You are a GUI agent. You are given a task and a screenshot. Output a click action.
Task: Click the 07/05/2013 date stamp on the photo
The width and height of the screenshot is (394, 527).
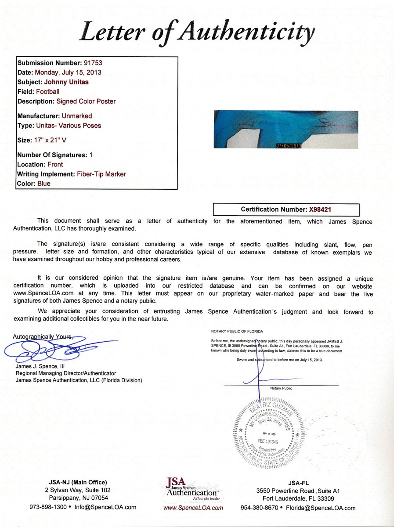[x=288, y=146]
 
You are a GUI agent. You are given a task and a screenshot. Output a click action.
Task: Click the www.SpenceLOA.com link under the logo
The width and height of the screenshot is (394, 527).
[x=193, y=508]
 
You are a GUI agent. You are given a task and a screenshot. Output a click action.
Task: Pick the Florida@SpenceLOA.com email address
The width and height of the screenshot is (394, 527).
[x=327, y=508]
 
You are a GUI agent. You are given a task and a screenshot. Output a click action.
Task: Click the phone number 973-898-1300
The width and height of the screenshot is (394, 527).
[x=48, y=507]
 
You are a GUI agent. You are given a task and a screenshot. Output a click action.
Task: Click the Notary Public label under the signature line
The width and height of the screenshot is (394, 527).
[x=281, y=388]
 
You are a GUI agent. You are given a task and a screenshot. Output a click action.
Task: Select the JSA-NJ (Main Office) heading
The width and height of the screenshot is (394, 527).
[x=76, y=482]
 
